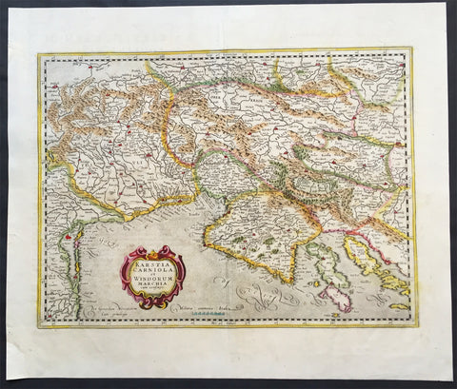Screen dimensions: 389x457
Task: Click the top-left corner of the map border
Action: pyautogui.click(x=39, y=54)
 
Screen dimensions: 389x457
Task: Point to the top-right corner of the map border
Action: pyautogui.click(x=412, y=50)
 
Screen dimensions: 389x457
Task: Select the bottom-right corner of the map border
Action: pyautogui.click(x=416, y=324)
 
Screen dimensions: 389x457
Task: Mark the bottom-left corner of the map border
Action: pyautogui.click(x=41, y=327)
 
